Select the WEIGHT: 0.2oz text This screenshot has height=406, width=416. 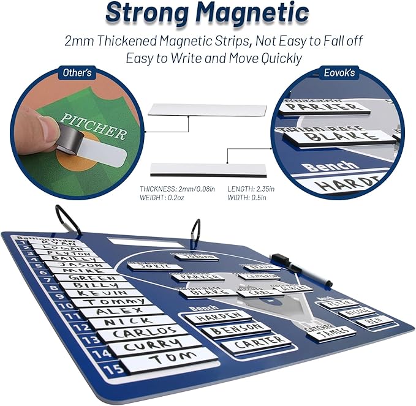pyautogui.click(x=161, y=198)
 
